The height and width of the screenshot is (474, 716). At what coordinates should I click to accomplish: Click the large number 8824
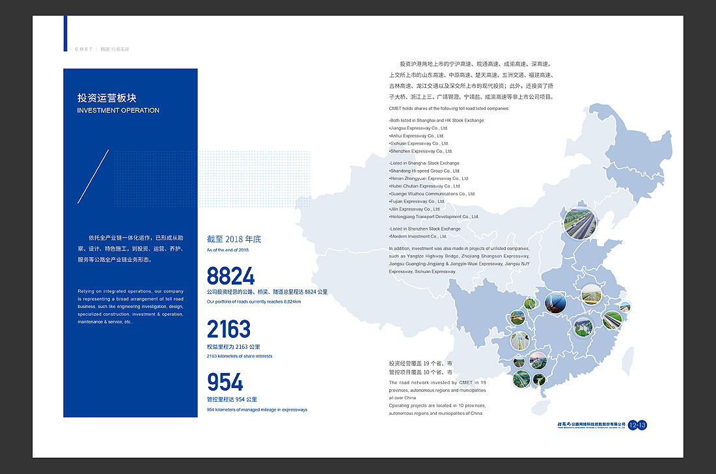(x=230, y=276)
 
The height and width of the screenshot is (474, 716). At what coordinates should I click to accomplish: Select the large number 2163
(x=228, y=329)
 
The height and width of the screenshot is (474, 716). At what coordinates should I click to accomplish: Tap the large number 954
(x=225, y=382)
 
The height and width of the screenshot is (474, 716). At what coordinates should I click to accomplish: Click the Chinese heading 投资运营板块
(x=107, y=98)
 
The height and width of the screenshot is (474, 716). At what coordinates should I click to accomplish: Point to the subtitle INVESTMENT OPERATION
(x=118, y=111)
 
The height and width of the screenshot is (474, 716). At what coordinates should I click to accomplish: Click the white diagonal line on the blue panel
(x=92, y=176)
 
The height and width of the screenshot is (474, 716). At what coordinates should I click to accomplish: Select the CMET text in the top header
(x=84, y=49)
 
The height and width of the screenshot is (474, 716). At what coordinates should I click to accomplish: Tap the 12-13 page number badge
(x=637, y=425)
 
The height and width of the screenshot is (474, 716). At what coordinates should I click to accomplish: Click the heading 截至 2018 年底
(x=234, y=240)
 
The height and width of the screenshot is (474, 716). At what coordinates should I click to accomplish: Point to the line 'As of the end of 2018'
(x=228, y=250)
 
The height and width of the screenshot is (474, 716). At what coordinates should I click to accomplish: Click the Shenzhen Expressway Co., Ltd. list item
(x=420, y=151)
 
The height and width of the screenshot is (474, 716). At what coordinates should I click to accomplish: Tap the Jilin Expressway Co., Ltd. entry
(x=415, y=209)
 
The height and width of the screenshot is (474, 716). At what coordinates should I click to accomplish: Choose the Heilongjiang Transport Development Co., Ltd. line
(x=434, y=217)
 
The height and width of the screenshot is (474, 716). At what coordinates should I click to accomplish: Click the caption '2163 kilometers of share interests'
(x=240, y=356)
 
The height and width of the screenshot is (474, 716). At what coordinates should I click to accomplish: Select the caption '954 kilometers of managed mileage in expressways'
(x=256, y=410)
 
